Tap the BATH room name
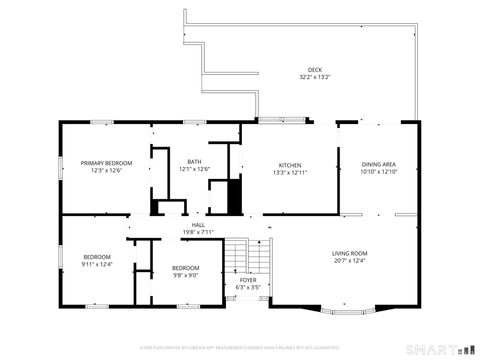[196, 162]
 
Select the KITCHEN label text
[290, 165]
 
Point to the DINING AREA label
[379, 164]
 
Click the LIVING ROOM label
[350, 253]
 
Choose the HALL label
[198, 225]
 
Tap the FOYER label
[247, 280]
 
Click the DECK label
[314, 70]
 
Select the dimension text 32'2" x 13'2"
[314, 77]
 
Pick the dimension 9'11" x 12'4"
[97, 265]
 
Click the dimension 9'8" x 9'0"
[185, 275]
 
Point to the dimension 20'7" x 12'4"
[350, 261]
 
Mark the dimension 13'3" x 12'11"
[290, 172]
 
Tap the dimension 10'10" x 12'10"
[379, 172]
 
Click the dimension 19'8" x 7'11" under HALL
[198, 232]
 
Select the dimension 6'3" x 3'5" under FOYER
[247, 287]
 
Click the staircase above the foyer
[237, 257]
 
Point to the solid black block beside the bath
[235, 196]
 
